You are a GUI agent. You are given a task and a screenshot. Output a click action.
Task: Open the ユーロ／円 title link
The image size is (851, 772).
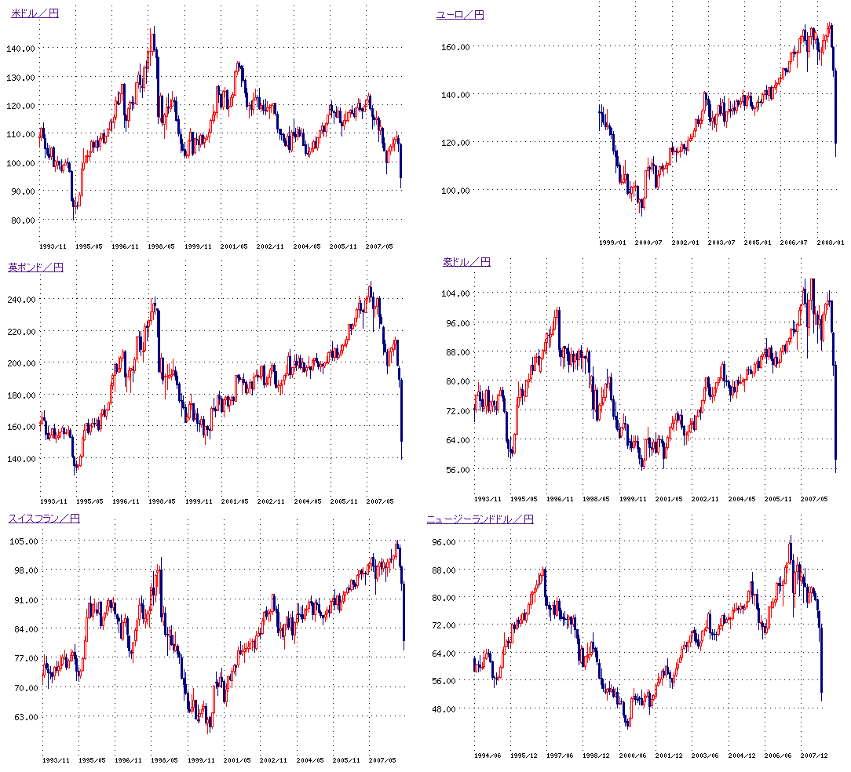460,14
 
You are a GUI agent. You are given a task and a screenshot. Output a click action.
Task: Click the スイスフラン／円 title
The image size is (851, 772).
44,518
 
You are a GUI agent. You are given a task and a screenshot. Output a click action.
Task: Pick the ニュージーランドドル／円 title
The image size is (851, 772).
480,519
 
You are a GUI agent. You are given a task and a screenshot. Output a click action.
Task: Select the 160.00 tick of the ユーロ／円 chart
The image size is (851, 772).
455,47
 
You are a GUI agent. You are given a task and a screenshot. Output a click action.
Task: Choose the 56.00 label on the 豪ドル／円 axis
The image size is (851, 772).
458,469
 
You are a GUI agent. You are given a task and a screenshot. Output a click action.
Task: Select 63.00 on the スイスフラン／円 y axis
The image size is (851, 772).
24,716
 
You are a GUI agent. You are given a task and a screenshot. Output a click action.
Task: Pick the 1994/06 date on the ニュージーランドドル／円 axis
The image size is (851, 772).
487,755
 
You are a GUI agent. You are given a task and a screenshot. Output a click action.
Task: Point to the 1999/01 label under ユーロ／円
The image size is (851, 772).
612,242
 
